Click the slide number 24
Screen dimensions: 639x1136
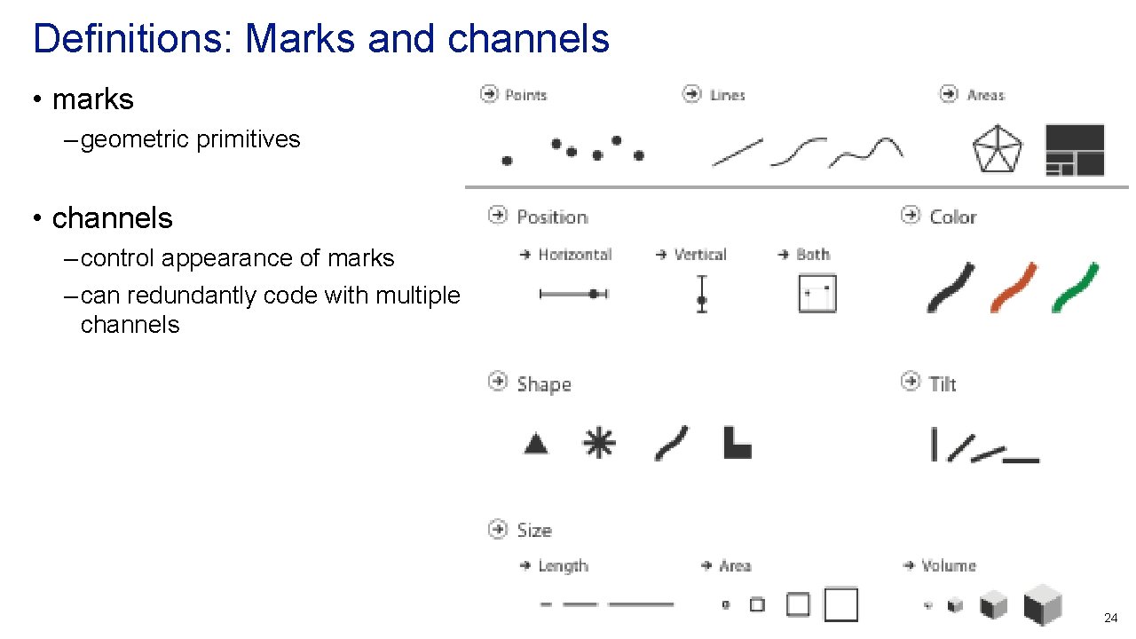point(1110,618)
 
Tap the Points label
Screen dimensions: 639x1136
point(525,95)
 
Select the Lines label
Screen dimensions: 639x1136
point(727,95)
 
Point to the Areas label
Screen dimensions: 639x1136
point(985,95)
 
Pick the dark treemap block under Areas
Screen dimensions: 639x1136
point(1075,149)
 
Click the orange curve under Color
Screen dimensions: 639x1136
point(1014,287)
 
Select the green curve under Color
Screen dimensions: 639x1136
point(1075,287)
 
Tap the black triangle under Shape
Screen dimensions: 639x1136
point(535,443)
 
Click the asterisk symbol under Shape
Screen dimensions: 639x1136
point(599,443)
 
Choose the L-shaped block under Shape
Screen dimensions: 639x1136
point(737,443)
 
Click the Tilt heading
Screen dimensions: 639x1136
point(943,384)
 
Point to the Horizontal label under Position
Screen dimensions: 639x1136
point(575,255)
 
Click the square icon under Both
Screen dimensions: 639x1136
point(817,294)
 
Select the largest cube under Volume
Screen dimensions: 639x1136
point(1043,605)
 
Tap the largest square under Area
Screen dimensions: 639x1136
point(841,604)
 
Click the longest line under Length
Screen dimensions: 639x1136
point(641,605)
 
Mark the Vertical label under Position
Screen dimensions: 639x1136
point(700,255)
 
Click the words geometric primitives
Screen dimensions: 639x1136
point(190,139)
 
